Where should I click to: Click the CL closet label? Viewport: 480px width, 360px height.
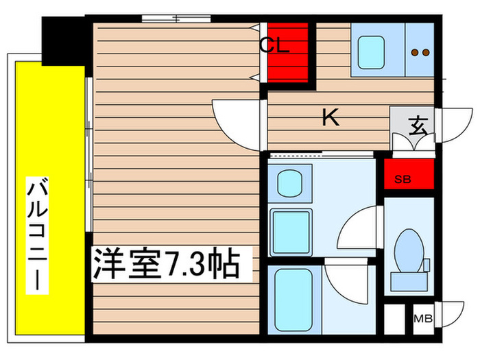[275, 47]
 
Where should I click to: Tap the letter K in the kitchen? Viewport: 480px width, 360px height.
[331, 118]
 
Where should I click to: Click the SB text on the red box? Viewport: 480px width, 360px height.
[403, 180]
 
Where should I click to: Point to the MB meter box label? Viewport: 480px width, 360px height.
[423, 319]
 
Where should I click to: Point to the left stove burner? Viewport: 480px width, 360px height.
[415, 51]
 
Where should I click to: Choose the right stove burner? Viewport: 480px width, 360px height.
[426, 51]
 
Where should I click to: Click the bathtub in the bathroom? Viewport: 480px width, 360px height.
[293, 296]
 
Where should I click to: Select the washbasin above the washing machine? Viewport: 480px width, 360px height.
[290, 184]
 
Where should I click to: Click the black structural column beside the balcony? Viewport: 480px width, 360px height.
[63, 39]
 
